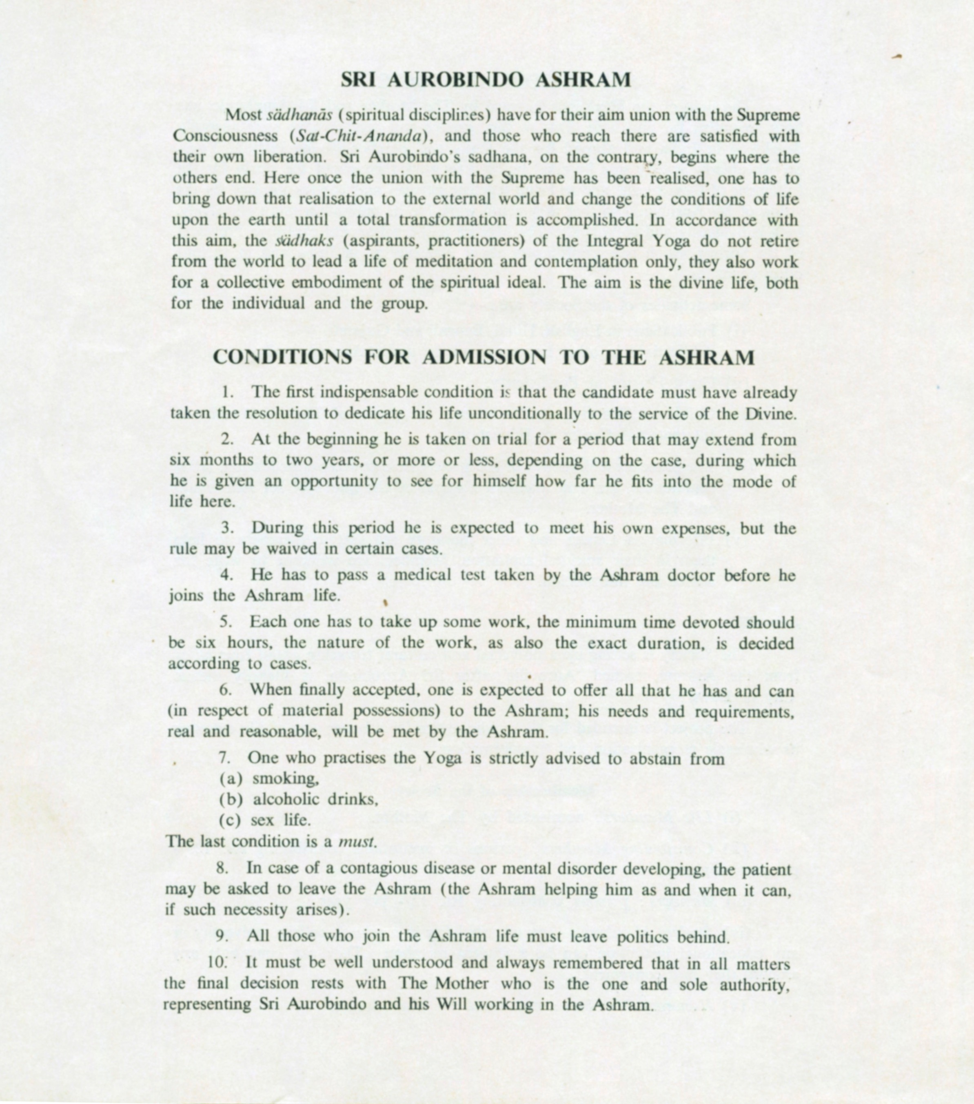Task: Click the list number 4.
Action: pos(226,576)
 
